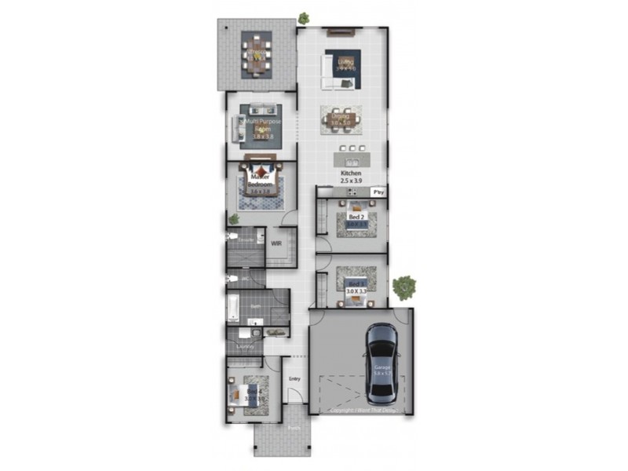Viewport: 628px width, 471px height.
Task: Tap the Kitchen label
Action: click(x=350, y=173)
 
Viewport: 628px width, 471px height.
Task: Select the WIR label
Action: click(x=276, y=243)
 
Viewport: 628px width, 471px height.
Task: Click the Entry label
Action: click(x=294, y=380)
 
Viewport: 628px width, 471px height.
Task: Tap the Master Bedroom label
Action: click(x=260, y=181)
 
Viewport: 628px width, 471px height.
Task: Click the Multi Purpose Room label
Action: click(x=262, y=126)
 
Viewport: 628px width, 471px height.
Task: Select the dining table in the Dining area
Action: click(x=341, y=120)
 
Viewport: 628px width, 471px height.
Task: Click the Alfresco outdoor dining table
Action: click(x=257, y=56)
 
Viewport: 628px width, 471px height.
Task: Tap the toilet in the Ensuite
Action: click(x=232, y=235)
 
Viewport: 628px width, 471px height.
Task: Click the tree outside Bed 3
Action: click(x=404, y=287)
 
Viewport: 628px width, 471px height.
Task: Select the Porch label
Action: click(x=294, y=429)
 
